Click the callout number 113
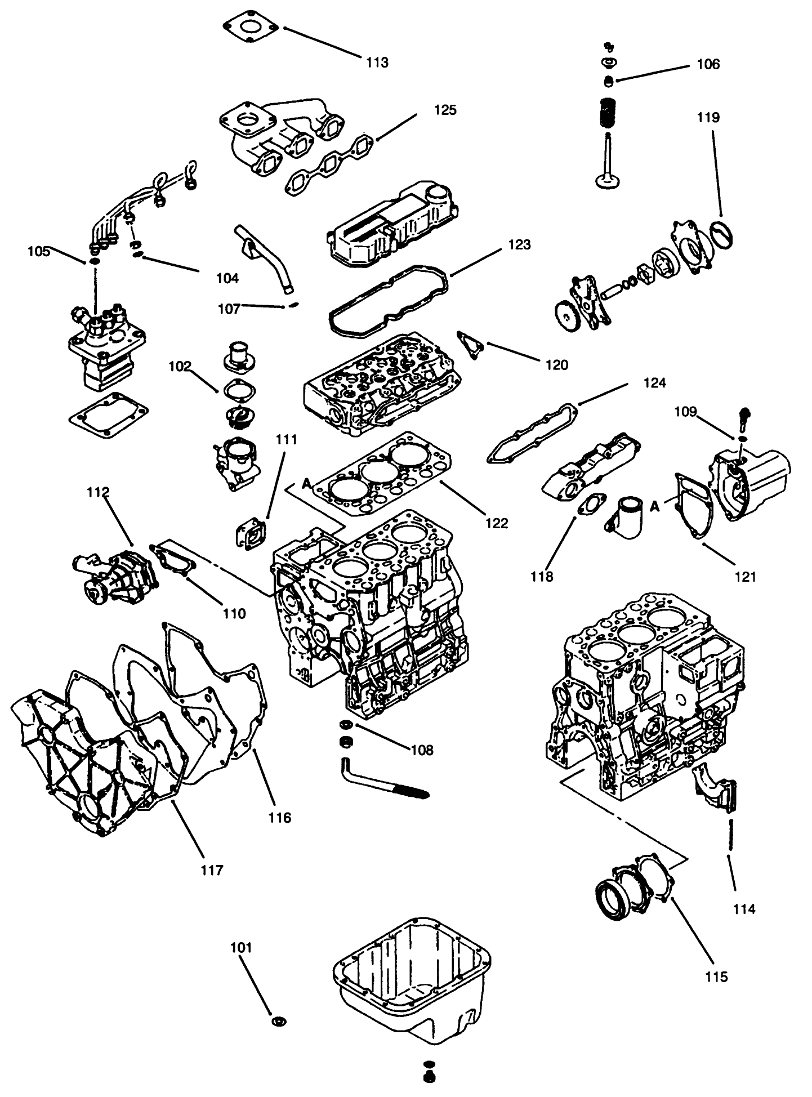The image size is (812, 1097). click(377, 63)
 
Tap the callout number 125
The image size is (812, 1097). click(445, 110)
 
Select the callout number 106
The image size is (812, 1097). click(708, 64)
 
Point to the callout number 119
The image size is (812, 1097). click(708, 118)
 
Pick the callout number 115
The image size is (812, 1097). click(716, 976)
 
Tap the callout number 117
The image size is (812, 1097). click(212, 870)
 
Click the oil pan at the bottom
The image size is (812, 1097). click(411, 991)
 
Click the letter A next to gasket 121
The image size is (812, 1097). click(654, 506)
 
